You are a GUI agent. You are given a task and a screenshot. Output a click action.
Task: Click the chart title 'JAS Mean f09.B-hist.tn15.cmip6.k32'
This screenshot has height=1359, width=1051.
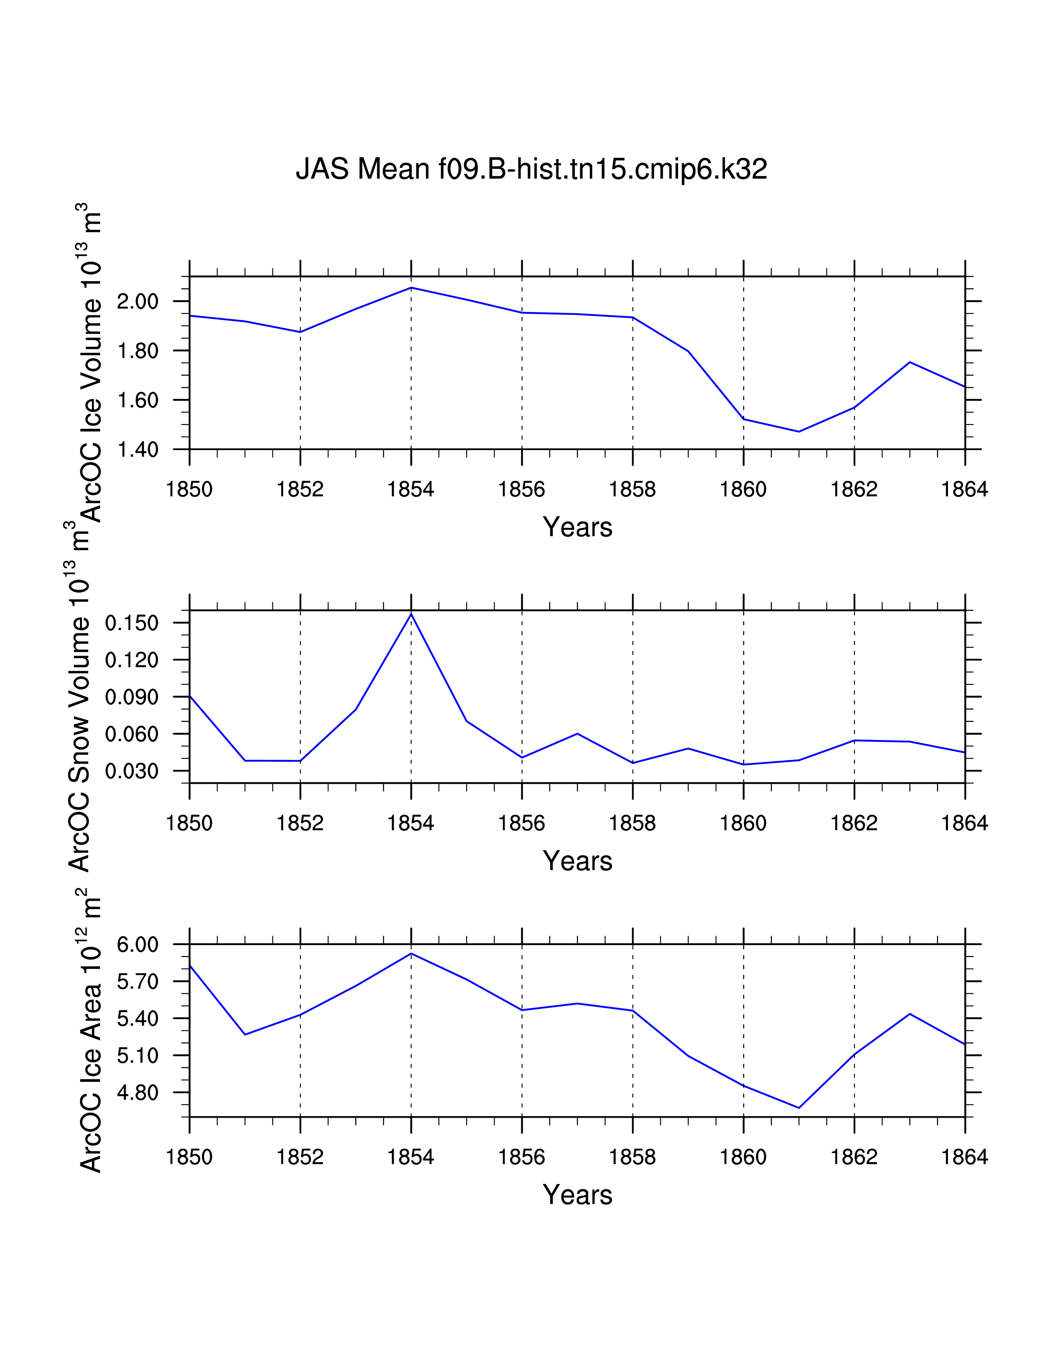click(x=531, y=169)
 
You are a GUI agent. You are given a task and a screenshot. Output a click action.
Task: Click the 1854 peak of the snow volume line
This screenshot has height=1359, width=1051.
click(x=411, y=614)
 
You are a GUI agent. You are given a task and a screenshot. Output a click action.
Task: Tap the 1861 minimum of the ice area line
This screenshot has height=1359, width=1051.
click(x=799, y=1108)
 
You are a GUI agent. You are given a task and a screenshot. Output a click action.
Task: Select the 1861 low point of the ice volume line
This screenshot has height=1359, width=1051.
click(x=799, y=432)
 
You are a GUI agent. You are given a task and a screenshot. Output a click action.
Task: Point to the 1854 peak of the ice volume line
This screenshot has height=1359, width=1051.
click(x=411, y=287)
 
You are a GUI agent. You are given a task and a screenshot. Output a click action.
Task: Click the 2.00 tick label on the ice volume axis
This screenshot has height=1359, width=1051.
click(x=138, y=302)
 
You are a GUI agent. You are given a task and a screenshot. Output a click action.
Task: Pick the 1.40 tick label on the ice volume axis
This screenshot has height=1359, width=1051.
click(x=138, y=449)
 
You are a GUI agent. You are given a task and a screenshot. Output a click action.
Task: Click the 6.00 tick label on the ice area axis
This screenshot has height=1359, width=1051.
click(x=138, y=945)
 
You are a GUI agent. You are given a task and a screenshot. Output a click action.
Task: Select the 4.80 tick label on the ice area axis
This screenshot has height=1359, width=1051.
click(x=138, y=1092)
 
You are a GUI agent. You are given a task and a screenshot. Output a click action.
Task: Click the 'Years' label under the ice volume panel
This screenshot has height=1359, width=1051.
click(x=577, y=527)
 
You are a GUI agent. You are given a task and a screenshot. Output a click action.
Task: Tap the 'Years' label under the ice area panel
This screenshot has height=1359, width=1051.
click(x=577, y=1195)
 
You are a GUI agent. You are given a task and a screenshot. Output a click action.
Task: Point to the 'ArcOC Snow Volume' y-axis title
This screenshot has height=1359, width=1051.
click(x=80, y=716)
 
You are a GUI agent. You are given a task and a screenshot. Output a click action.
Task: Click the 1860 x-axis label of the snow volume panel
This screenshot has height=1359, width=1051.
click(x=744, y=823)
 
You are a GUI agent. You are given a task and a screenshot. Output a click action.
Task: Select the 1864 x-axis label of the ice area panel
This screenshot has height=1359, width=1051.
click(x=964, y=1157)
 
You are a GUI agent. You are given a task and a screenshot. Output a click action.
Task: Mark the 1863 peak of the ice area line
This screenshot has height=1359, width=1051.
click(x=910, y=1013)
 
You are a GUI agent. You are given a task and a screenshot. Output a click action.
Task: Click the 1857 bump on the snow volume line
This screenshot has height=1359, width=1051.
click(x=577, y=733)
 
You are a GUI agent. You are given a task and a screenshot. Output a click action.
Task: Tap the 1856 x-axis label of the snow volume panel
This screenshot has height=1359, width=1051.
click(x=522, y=823)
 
